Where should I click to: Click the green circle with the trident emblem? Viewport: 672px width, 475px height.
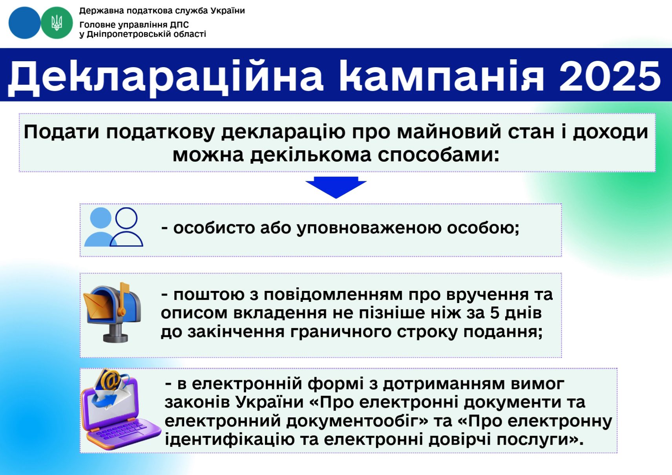tap(57, 23)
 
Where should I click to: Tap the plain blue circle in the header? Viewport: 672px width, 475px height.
tap(24, 23)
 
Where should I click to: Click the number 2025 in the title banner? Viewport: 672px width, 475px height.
tap(610, 76)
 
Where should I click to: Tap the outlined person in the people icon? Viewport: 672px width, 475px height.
tap(126, 227)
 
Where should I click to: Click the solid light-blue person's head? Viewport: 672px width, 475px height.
tap(101, 218)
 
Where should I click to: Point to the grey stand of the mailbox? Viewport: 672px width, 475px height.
tap(115, 332)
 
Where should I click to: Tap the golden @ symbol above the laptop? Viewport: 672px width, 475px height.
tap(110, 380)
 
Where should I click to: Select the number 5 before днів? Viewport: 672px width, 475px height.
tap(495, 312)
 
